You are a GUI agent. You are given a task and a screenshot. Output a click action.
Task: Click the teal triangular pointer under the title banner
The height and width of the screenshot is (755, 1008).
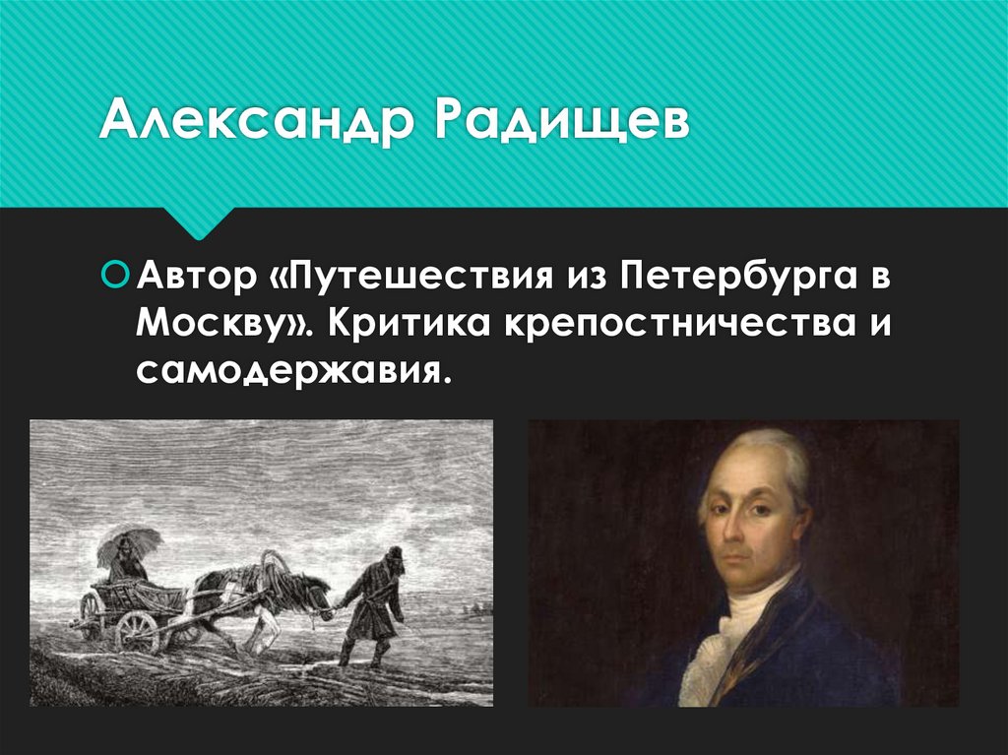[201, 222]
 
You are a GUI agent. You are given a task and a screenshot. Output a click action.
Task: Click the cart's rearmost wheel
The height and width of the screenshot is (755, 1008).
[92, 613]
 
